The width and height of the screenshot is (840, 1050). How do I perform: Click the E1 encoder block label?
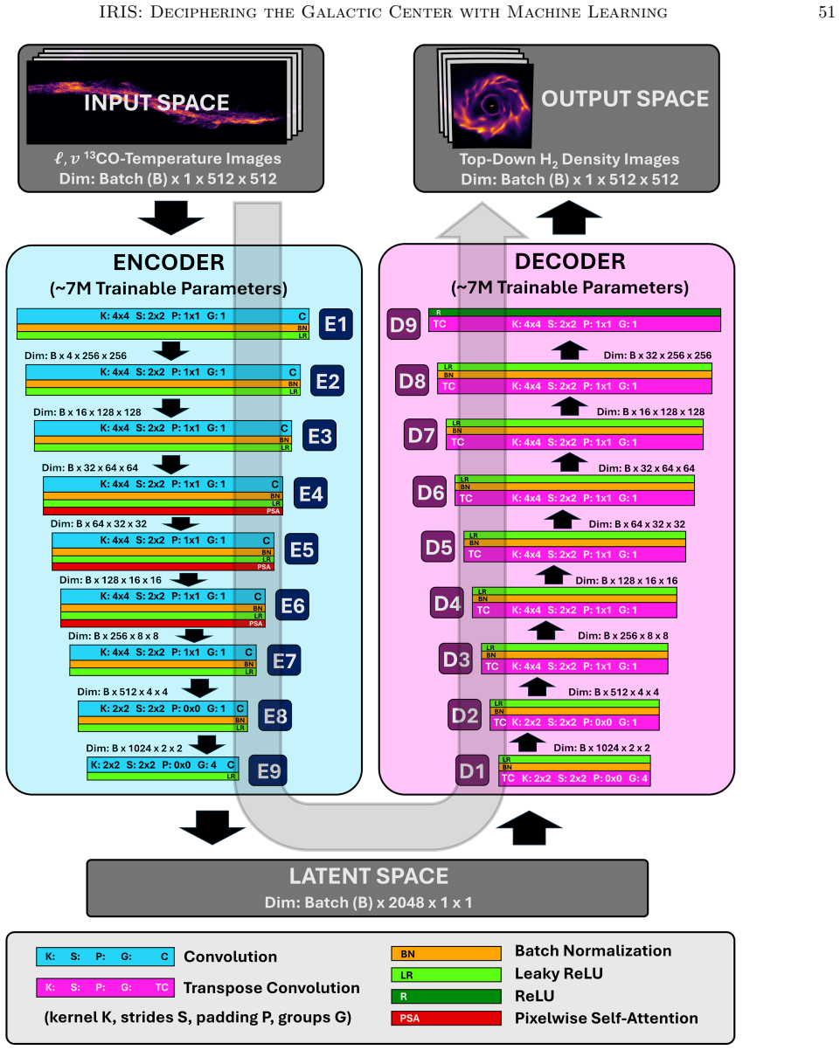tap(336, 324)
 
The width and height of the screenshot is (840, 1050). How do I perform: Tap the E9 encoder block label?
tap(267, 771)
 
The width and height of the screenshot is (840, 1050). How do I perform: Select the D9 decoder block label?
tap(404, 324)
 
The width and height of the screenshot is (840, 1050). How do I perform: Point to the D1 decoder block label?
tap(472, 770)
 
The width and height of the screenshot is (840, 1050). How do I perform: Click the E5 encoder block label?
tap(302, 549)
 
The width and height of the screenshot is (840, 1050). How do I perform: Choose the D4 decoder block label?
tap(447, 603)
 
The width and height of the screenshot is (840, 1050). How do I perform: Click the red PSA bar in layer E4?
tap(163, 511)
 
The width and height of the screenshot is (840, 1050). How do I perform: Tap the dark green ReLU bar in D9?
tap(574, 312)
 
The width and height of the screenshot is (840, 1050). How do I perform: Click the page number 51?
tap(826, 12)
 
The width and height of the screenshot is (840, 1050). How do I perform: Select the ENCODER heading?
tap(169, 262)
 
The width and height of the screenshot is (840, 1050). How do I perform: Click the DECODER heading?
tap(570, 261)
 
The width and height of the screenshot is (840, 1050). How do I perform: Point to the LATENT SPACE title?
tap(368, 876)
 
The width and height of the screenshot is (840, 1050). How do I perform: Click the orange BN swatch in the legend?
tap(446, 953)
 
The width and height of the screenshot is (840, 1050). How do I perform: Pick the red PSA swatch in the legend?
tap(446, 1018)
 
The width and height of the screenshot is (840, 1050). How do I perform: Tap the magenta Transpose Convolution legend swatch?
tap(105, 987)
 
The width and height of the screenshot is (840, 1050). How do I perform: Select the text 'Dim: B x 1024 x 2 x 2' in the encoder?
tap(134, 748)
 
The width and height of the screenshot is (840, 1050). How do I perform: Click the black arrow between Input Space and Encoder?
tap(171, 218)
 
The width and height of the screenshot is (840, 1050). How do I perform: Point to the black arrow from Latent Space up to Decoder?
tap(529, 828)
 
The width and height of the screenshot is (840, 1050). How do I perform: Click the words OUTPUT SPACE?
tap(625, 99)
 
